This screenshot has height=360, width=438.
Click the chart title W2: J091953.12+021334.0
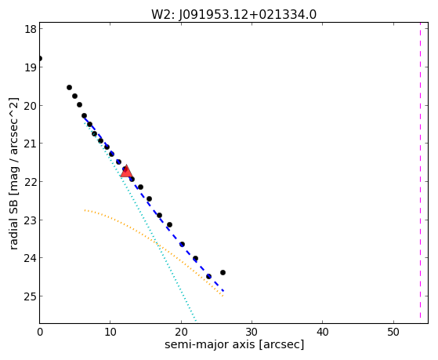(233, 14)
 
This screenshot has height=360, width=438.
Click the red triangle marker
(126, 172)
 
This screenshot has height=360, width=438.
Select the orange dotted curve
(157, 243)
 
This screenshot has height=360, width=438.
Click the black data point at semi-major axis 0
(40, 59)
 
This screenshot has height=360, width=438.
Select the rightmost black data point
(223, 272)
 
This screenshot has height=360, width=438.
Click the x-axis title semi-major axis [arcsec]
(234, 344)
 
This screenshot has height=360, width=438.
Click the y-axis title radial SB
(13, 173)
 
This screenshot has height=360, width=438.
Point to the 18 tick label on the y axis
(31, 29)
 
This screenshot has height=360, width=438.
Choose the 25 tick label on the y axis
(31, 296)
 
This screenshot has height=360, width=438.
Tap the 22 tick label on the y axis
(31, 182)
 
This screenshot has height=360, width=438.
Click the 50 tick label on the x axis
(393, 332)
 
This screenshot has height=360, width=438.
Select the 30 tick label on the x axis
(252, 332)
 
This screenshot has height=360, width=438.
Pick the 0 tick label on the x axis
(40, 332)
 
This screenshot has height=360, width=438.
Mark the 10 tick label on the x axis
(110, 332)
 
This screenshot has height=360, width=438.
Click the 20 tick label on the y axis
(31, 105)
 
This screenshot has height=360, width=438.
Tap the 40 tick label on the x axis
(323, 332)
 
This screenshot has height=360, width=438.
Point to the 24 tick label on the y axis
(31, 258)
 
